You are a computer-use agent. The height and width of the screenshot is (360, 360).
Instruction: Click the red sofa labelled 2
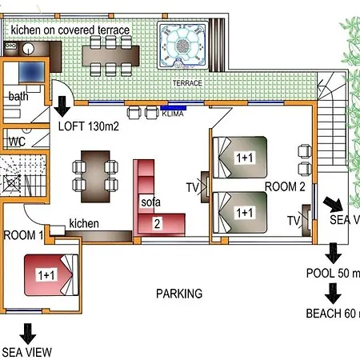point(157,204)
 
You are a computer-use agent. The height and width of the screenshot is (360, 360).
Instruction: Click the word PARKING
point(179,294)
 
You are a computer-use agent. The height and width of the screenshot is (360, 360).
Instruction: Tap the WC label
point(18,142)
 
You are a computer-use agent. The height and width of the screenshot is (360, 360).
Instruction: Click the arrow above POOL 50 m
point(334,252)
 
